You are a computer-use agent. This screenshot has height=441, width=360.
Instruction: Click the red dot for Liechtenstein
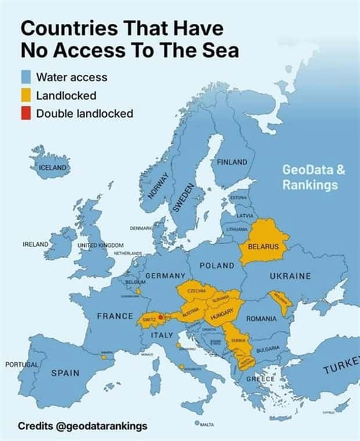tap(160, 317)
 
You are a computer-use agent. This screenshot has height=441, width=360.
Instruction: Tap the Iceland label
tap(53, 168)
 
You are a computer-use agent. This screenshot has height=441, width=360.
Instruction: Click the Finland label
tap(232, 162)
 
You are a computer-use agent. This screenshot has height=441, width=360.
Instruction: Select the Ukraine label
tap(290, 276)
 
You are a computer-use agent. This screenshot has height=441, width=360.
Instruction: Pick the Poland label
tap(217, 265)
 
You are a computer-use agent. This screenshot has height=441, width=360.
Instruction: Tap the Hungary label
tap(222, 314)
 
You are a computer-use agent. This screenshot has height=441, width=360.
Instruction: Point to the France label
tap(116, 316)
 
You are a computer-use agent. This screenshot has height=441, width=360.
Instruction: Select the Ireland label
tap(35, 244)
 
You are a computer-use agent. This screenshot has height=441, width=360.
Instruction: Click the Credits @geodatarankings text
tap(82, 426)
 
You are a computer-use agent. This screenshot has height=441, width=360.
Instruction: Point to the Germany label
tap(165, 274)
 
